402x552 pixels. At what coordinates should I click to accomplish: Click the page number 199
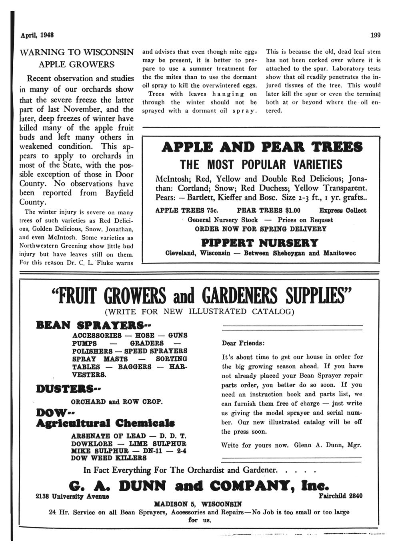(375, 35)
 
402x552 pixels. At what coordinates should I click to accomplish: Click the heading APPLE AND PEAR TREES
(262, 147)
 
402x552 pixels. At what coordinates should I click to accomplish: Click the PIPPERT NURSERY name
(260, 243)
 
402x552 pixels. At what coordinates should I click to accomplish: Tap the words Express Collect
(343, 210)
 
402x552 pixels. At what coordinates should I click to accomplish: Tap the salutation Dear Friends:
(243, 343)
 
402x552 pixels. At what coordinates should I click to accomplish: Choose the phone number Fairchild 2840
(341, 496)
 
